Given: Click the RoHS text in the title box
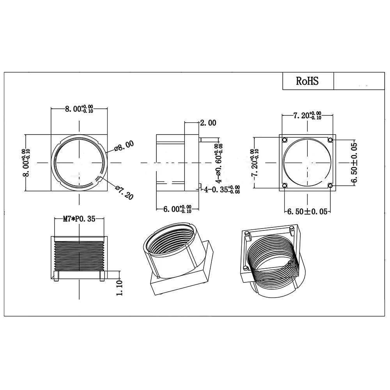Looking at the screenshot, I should [x=307, y=81].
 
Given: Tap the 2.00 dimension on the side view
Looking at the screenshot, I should [x=207, y=123].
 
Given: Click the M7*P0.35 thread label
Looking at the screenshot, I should [x=79, y=219].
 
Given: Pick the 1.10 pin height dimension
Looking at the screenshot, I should [x=119, y=288].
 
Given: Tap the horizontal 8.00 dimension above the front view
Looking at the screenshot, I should [x=79, y=109].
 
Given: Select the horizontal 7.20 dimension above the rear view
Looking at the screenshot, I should [x=307, y=116].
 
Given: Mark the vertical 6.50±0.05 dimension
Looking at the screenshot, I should [x=354, y=162].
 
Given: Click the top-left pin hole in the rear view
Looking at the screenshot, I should [x=284, y=140].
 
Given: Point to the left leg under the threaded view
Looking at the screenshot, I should [x=57, y=277].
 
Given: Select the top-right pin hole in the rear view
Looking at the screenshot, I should [x=330, y=140].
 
